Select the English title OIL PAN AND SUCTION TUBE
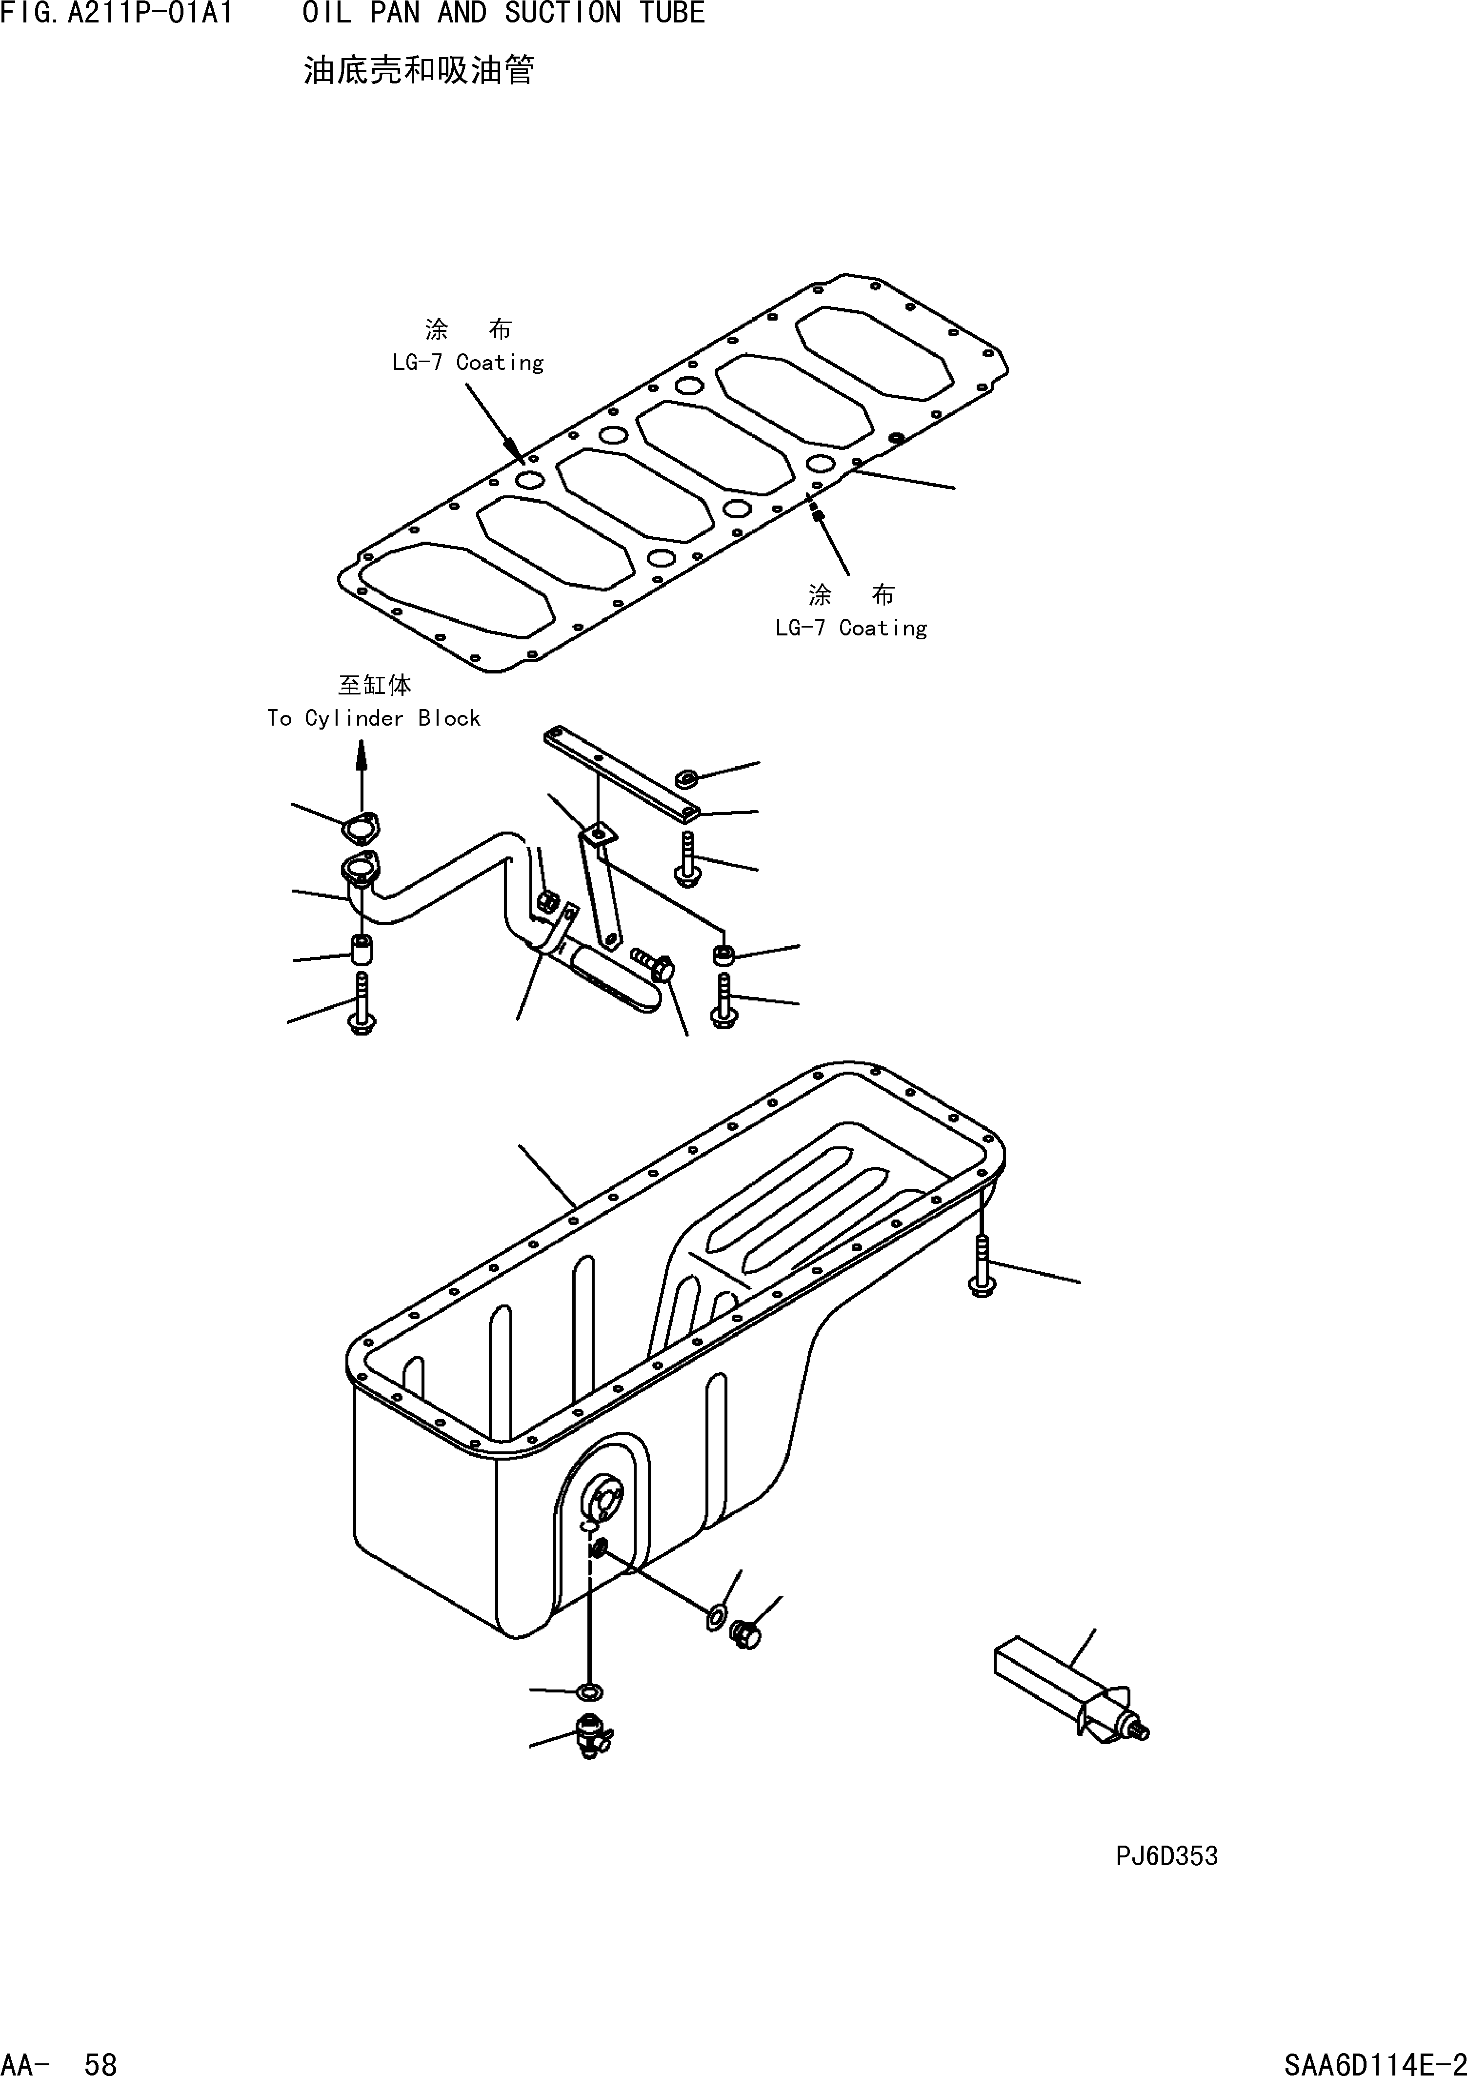[x=503, y=14]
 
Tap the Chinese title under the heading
[x=419, y=70]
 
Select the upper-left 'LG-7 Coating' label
[x=467, y=363]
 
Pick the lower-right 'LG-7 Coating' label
[x=850, y=628]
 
